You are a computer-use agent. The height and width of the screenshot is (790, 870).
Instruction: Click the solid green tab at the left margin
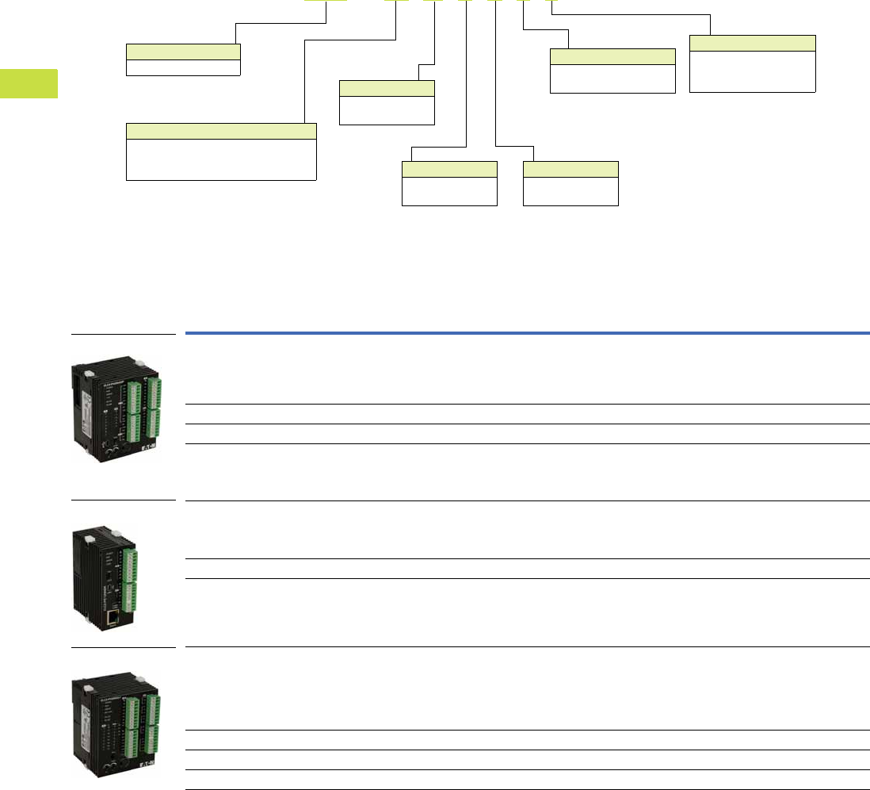[x=29, y=83]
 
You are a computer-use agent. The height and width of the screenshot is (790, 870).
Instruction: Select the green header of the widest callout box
[x=221, y=131]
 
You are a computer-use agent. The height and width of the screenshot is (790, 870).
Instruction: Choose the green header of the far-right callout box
[x=752, y=43]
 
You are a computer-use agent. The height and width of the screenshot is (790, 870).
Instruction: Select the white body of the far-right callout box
[x=752, y=71]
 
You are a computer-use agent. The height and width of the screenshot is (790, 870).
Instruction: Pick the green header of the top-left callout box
[x=183, y=52]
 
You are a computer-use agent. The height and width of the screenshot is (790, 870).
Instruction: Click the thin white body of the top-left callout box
[x=183, y=67]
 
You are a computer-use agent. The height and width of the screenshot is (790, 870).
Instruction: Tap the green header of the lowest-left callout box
[x=449, y=168]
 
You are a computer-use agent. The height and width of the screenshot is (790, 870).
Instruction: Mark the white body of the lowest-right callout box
[x=570, y=191]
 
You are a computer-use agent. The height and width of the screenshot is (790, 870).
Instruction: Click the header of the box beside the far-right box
[x=612, y=56]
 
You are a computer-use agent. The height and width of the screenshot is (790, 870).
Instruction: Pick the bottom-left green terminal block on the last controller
[x=132, y=747]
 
